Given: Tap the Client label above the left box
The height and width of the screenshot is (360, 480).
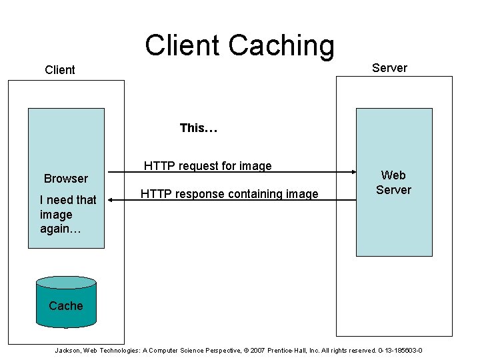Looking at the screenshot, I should (x=60, y=70).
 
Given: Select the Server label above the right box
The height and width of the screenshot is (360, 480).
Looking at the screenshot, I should (x=389, y=68).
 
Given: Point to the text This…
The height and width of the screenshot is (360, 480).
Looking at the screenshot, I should (x=199, y=128).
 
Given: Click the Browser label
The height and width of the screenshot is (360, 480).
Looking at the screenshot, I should (x=66, y=179).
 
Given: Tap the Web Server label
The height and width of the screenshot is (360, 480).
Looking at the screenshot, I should (x=393, y=183).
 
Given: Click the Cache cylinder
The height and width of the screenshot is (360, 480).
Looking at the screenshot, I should (x=66, y=305).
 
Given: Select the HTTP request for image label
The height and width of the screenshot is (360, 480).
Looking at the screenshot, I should (x=208, y=166).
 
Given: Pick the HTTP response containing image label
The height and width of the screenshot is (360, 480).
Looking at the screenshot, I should (x=229, y=194).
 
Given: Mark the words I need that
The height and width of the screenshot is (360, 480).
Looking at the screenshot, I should (x=68, y=199).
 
